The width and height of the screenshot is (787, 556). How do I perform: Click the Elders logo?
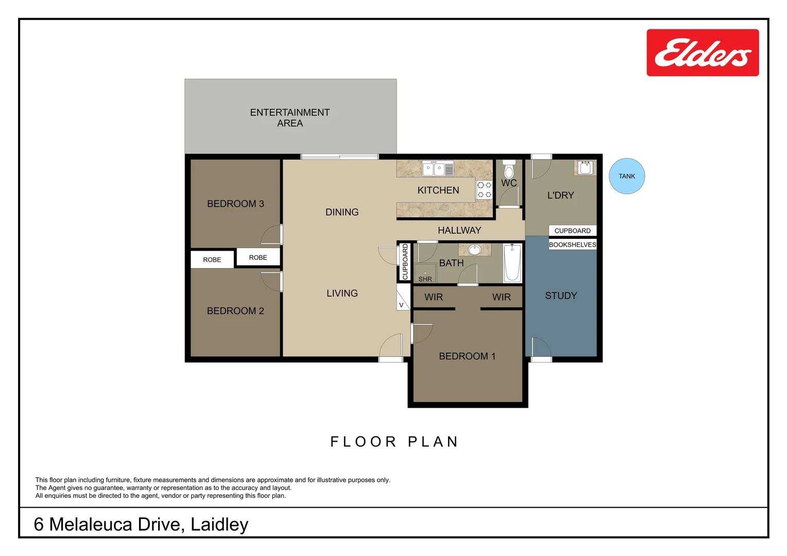(x=703, y=53)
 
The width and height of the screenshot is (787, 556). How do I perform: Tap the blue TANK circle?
(x=627, y=176)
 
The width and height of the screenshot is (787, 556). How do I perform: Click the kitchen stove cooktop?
(x=484, y=189)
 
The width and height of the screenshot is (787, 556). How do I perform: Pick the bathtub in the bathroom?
(x=512, y=263)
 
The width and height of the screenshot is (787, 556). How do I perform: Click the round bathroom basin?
(x=474, y=250)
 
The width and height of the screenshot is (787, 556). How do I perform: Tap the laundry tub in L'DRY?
(x=586, y=168)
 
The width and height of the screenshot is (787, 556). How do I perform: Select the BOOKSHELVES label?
(x=572, y=245)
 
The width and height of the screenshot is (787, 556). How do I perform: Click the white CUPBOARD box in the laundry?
(x=572, y=231)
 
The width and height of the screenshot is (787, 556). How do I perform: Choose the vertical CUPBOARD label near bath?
(x=405, y=262)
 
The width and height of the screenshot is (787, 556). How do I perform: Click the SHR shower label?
(x=425, y=279)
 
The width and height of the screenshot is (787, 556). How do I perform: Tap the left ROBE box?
(x=212, y=259)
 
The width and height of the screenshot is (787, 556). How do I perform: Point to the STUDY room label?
(x=561, y=296)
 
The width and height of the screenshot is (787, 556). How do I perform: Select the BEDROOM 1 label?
(x=467, y=356)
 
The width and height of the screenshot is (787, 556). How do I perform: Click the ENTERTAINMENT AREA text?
(x=290, y=118)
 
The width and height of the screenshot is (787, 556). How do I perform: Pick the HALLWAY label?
(x=459, y=230)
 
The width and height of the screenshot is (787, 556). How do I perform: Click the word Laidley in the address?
(x=219, y=524)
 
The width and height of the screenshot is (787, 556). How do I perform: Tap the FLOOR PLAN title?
(x=394, y=442)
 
